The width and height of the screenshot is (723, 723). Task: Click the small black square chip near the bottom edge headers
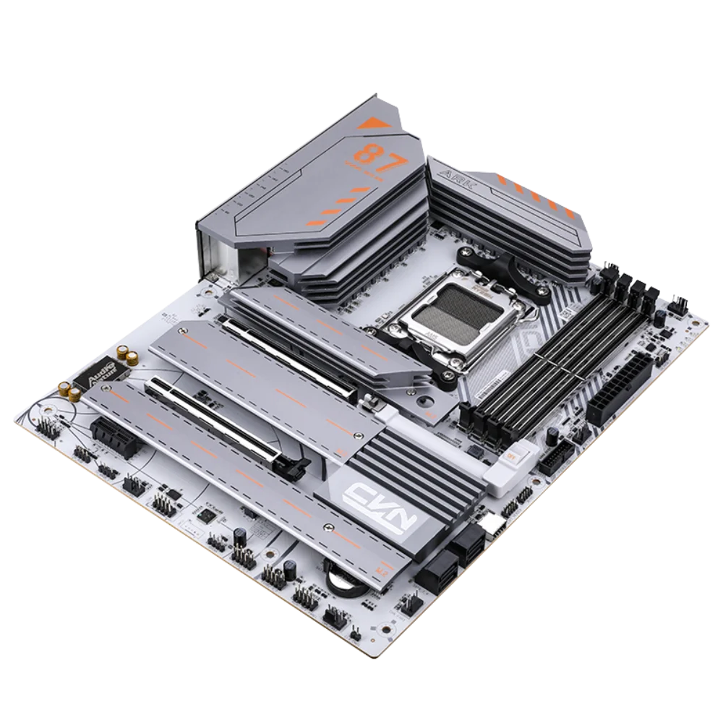[208, 515]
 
